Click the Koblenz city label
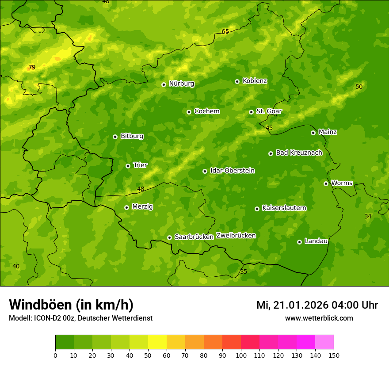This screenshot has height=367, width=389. tap(255, 81)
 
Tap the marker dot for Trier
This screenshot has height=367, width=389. tap(128, 166)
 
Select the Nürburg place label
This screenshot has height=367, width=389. tap(181, 84)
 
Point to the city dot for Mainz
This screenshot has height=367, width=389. tap(313, 133)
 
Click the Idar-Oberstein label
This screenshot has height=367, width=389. tap(232, 171)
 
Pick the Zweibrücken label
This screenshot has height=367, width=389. tap(236, 236)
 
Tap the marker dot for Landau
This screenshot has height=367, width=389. tap(299, 242)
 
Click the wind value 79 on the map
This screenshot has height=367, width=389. tap(32, 68)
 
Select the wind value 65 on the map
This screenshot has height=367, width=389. tap(225, 31)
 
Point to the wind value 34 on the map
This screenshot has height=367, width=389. tap(368, 216)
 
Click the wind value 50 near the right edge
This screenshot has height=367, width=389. tap(359, 87)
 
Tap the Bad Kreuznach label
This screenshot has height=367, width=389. tap(299, 153)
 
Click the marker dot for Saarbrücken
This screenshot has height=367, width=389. tap(169, 237)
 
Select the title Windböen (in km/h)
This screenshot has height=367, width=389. tap(71, 305)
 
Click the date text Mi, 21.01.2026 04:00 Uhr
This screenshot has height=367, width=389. tap(317, 305)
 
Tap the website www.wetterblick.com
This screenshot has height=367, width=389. tap(319, 318)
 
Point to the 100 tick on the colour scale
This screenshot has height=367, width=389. tap(241, 355)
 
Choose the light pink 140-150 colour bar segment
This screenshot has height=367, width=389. tap(324, 342)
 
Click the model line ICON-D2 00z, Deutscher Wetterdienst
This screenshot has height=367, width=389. tap(80, 318)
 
